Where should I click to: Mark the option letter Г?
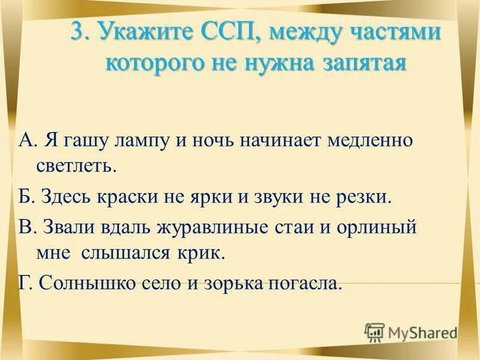24,283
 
